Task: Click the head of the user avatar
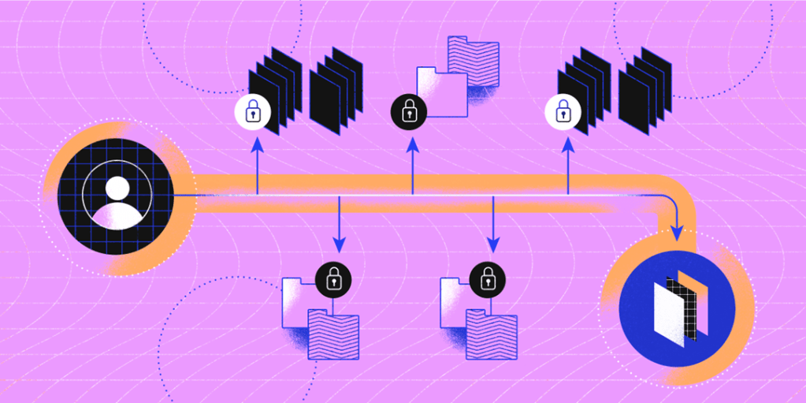[x=117, y=188]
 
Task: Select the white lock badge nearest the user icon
[x=253, y=113]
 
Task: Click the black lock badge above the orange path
[x=408, y=113]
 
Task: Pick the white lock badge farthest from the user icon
[x=563, y=113]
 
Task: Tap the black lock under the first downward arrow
[x=333, y=277]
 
